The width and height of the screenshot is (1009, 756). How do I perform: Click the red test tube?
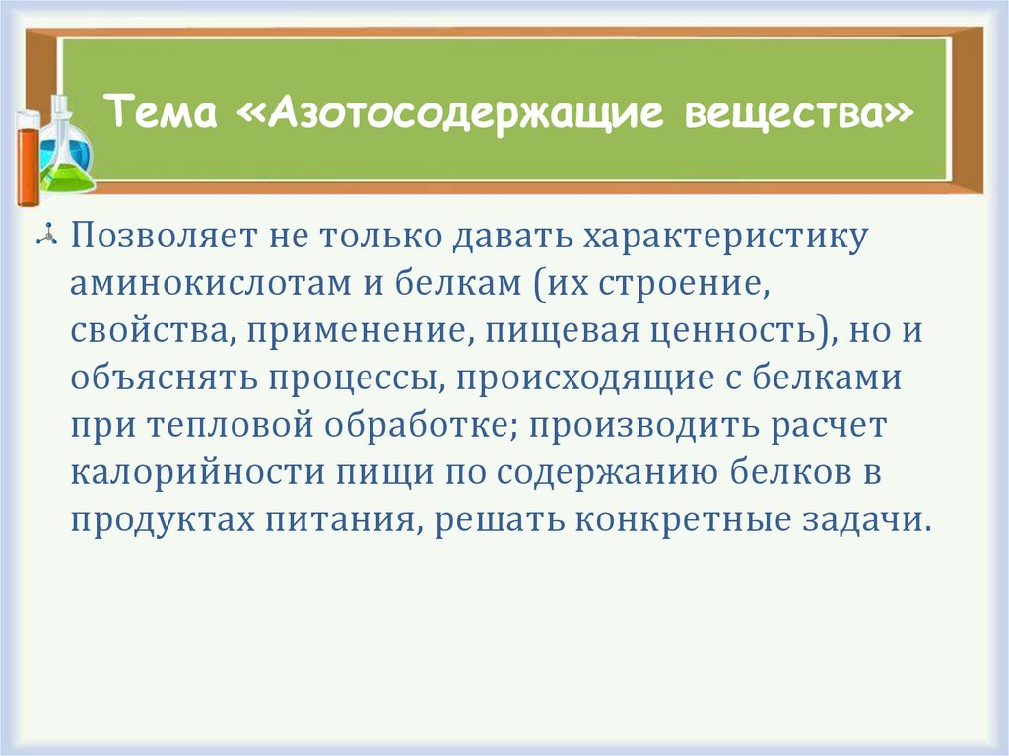coord(28,158)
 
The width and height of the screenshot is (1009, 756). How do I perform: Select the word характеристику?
coord(726,238)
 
